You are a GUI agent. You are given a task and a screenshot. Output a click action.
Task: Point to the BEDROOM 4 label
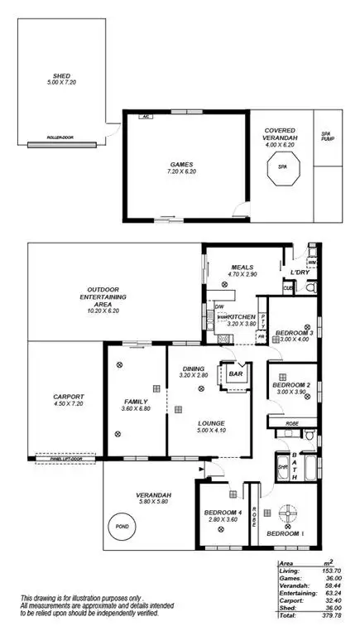point(222,513)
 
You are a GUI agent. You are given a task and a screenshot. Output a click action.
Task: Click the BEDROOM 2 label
point(291,385)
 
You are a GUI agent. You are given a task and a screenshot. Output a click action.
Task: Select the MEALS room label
point(242,267)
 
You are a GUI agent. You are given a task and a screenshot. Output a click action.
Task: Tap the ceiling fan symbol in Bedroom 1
point(287,510)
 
